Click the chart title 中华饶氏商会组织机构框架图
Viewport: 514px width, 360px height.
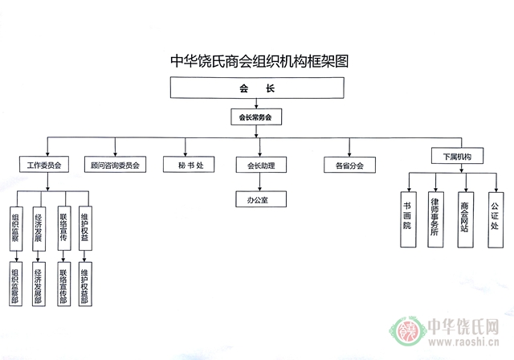point(256,61)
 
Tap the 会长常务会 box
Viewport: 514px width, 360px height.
point(255,117)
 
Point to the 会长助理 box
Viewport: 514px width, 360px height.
point(255,166)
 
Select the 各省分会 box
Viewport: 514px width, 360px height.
point(345,166)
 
